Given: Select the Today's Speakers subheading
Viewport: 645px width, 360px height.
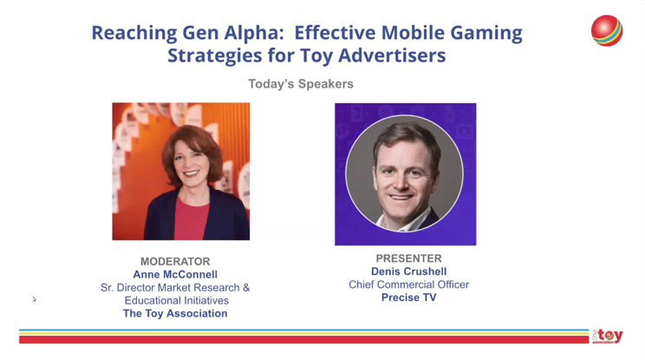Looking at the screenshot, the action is [x=301, y=84].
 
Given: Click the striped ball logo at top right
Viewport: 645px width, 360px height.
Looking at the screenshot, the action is [x=607, y=30].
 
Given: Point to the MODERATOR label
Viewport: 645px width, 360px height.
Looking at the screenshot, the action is [x=175, y=261].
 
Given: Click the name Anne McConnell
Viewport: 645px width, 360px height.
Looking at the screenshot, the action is [x=175, y=274].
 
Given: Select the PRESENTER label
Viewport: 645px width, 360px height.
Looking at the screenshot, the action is [x=409, y=259].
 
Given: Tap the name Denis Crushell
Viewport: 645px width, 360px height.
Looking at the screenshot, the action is [x=409, y=272].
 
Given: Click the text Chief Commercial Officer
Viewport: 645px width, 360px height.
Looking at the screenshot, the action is [x=409, y=285].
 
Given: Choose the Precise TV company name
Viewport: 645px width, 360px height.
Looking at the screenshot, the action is [x=409, y=298].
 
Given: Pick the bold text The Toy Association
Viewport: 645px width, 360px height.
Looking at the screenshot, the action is [x=175, y=313].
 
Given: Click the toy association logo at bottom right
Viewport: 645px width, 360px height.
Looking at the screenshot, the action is [x=608, y=336].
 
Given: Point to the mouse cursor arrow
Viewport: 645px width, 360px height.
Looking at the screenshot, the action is [x=35, y=299].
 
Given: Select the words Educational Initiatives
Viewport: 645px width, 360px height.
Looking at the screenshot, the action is [x=177, y=300].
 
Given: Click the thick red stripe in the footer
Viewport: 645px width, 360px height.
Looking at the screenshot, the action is [x=304, y=339].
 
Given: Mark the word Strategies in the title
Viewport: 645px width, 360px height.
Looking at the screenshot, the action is [x=214, y=56].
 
